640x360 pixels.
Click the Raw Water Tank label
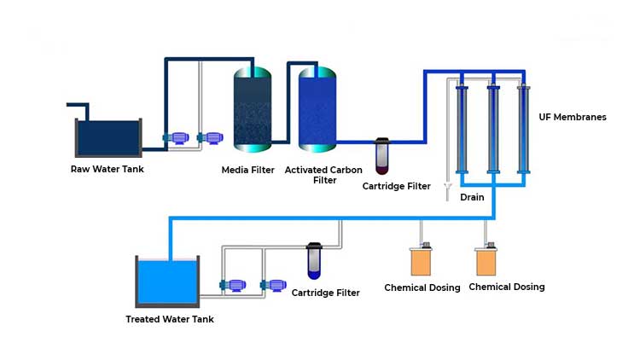click(x=107, y=169)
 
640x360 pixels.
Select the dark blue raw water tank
click(x=108, y=135)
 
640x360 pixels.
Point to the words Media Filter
click(x=248, y=170)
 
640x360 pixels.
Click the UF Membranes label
click(x=573, y=117)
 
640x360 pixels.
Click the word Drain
click(x=472, y=197)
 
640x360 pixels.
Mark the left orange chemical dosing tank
click(x=421, y=259)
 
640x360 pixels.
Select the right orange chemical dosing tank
click(x=486, y=259)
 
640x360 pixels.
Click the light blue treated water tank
click(x=168, y=282)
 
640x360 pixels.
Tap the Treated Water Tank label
click(x=170, y=319)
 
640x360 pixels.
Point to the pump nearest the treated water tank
click(x=230, y=286)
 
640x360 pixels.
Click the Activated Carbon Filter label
click(x=323, y=175)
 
